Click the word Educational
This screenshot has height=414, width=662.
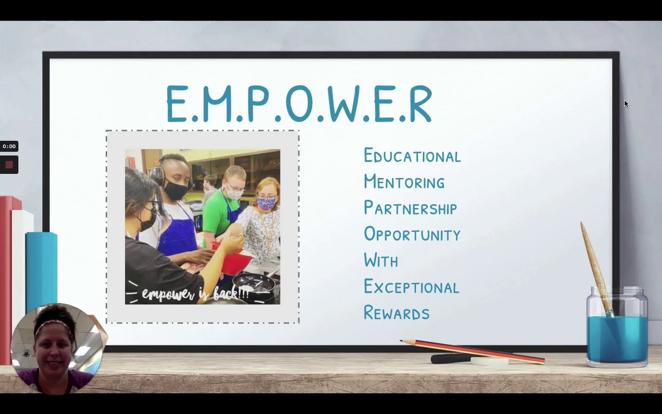[x=412, y=155]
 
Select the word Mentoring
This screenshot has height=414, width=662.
[x=404, y=181]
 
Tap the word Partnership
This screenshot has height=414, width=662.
[x=410, y=208]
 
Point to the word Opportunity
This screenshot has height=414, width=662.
[x=412, y=233]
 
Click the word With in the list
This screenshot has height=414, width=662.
[x=381, y=260]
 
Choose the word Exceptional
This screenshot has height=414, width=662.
[x=411, y=286]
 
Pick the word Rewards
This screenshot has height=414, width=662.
[x=396, y=312]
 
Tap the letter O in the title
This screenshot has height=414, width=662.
[x=299, y=103]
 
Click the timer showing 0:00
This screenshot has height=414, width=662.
[x=9, y=146]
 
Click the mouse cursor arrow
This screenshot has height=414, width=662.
[x=626, y=104]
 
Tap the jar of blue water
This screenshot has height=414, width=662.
[x=617, y=327]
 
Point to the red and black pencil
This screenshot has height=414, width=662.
[x=472, y=352]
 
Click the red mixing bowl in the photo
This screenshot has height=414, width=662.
[x=233, y=258]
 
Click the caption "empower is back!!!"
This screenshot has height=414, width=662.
[x=195, y=293]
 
